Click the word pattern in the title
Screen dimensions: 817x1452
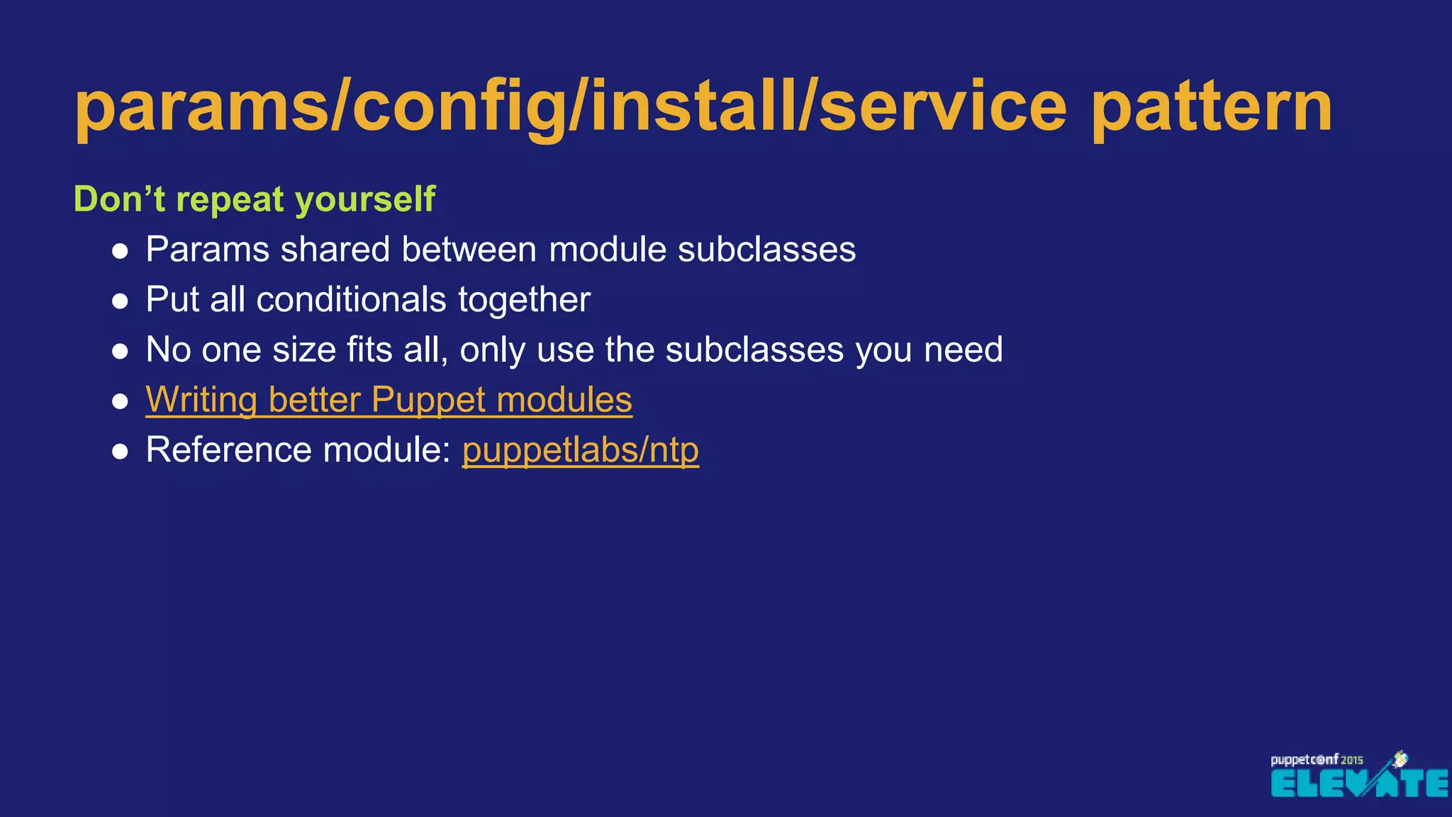1211,108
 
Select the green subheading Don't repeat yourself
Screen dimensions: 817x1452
254,199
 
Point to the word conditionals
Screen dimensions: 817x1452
351,300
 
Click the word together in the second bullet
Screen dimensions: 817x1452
524,300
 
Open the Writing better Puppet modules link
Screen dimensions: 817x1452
389,400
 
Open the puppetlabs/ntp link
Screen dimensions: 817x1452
580,450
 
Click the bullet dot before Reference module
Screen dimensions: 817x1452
121,452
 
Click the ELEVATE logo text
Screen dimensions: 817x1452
1358,784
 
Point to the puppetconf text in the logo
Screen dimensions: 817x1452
1303,760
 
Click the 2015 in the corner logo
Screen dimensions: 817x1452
1351,760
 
